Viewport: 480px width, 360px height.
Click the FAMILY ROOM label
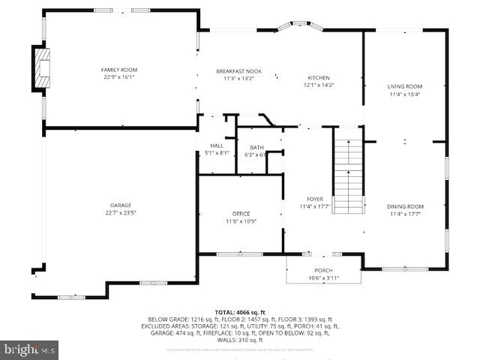(x=119, y=70)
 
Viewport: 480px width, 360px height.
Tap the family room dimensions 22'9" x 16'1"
(x=119, y=76)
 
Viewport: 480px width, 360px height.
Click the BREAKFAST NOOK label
(x=239, y=70)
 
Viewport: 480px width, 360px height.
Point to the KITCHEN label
(x=319, y=77)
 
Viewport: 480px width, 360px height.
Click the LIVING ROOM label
(x=405, y=87)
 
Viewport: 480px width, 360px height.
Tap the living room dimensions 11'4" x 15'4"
(x=405, y=94)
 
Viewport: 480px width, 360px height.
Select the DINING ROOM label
(x=405, y=206)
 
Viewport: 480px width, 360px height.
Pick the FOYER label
(x=314, y=199)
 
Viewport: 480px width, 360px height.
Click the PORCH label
(x=323, y=271)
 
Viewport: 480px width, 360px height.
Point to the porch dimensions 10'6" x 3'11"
(x=323, y=278)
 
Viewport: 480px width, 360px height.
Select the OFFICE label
(x=241, y=214)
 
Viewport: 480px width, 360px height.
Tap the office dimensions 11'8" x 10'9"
(x=241, y=221)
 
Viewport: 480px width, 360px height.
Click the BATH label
(x=256, y=147)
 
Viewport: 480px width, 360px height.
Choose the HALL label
(x=217, y=145)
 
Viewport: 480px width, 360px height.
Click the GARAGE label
(x=121, y=205)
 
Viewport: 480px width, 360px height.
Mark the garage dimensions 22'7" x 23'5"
(x=121, y=212)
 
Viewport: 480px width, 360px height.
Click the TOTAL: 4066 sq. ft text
(x=240, y=311)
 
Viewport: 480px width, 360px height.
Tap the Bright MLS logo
(x=30, y=349)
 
